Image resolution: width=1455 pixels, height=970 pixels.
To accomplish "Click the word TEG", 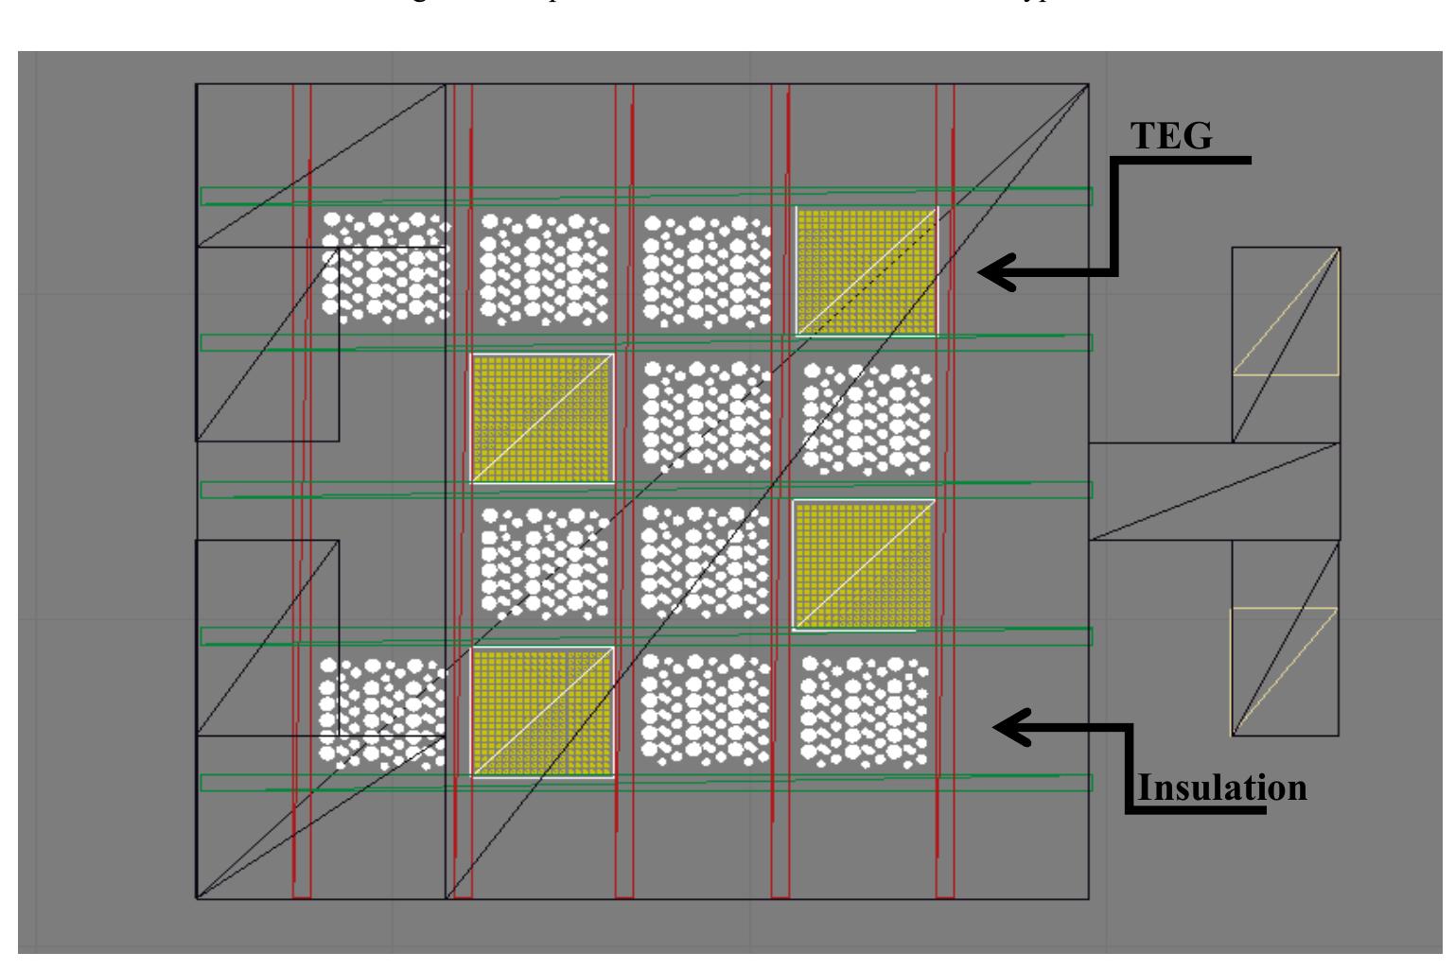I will pos(1171,136).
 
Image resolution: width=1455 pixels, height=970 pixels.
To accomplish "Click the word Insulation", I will pos(1221,787).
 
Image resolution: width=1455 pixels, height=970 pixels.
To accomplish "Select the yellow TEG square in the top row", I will pos(867,271).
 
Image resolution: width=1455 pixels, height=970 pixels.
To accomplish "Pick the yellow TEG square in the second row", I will pos(543,418).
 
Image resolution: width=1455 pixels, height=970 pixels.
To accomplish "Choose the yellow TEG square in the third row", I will pos(863,564).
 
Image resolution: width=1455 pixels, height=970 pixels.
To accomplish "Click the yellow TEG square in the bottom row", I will pos(543,712).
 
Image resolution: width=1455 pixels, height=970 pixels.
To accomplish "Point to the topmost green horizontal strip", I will pos(645,196).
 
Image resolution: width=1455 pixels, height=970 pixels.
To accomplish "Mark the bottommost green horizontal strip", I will pos(645,783).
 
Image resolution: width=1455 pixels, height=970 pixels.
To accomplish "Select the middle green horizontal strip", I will pos(645,490).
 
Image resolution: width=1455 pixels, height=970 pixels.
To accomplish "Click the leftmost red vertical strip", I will pos(302,492).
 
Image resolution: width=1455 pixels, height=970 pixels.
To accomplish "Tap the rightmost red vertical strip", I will pos(945,492).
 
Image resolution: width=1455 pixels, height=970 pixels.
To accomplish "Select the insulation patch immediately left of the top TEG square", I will pos(705,268).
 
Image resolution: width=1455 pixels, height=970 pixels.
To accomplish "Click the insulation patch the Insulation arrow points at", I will pos(864,711).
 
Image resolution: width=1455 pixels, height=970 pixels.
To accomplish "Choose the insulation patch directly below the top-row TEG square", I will pos(867,418).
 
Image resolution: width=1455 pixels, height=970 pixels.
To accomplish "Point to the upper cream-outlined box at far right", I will pos(1286,312).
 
